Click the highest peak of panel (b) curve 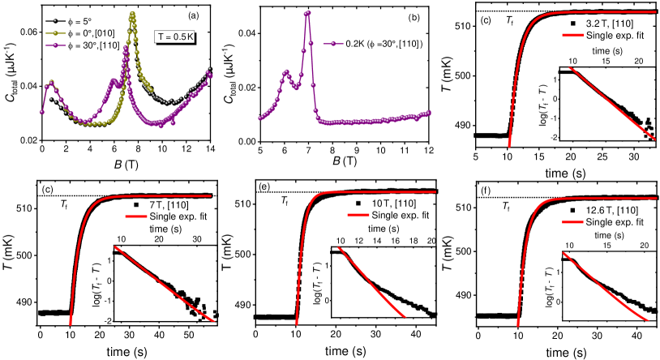point(308,12)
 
